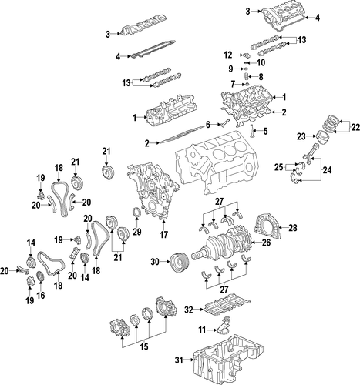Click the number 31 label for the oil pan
tap(179, 360)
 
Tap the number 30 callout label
tap(155, 262)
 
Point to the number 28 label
tap(293, 227)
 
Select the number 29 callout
tap(137, 232)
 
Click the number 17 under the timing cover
tap(163, 234)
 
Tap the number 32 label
tap(189, 310)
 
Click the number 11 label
tap(202, 330)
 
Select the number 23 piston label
tap(301, 136)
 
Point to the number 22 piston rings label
tap(355, 127)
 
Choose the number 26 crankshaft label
tap(266, 243)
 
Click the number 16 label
tap(41, 296)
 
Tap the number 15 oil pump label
tap(144, 346)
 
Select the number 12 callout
tap(228, 55)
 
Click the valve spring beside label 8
tap(247, 76)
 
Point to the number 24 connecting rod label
tap(327, 169)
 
